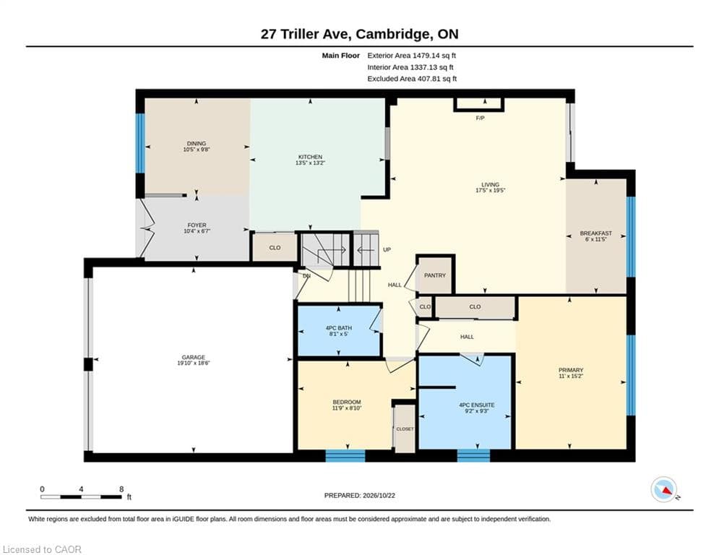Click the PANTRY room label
[435, 275]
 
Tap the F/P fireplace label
[480, 119]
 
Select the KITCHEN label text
[311, 157]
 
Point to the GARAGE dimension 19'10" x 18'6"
[194, 363]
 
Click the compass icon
[664, 490]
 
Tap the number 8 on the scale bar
[121, 489]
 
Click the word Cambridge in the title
[393, 34]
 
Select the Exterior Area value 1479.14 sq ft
[434, 56]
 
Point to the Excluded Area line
[412, 79]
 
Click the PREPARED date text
[360, 495]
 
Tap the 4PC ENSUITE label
[477, 405]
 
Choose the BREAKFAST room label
[595, 233]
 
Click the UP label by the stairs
[387, 249]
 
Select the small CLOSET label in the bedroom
[405, 429]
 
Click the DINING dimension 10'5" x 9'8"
[197, 150]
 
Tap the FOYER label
[197, 225]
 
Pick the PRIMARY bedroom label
[571, 370]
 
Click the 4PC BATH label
[339, 328]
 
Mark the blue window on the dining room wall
[140, 143]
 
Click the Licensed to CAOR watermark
[42, 549]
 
